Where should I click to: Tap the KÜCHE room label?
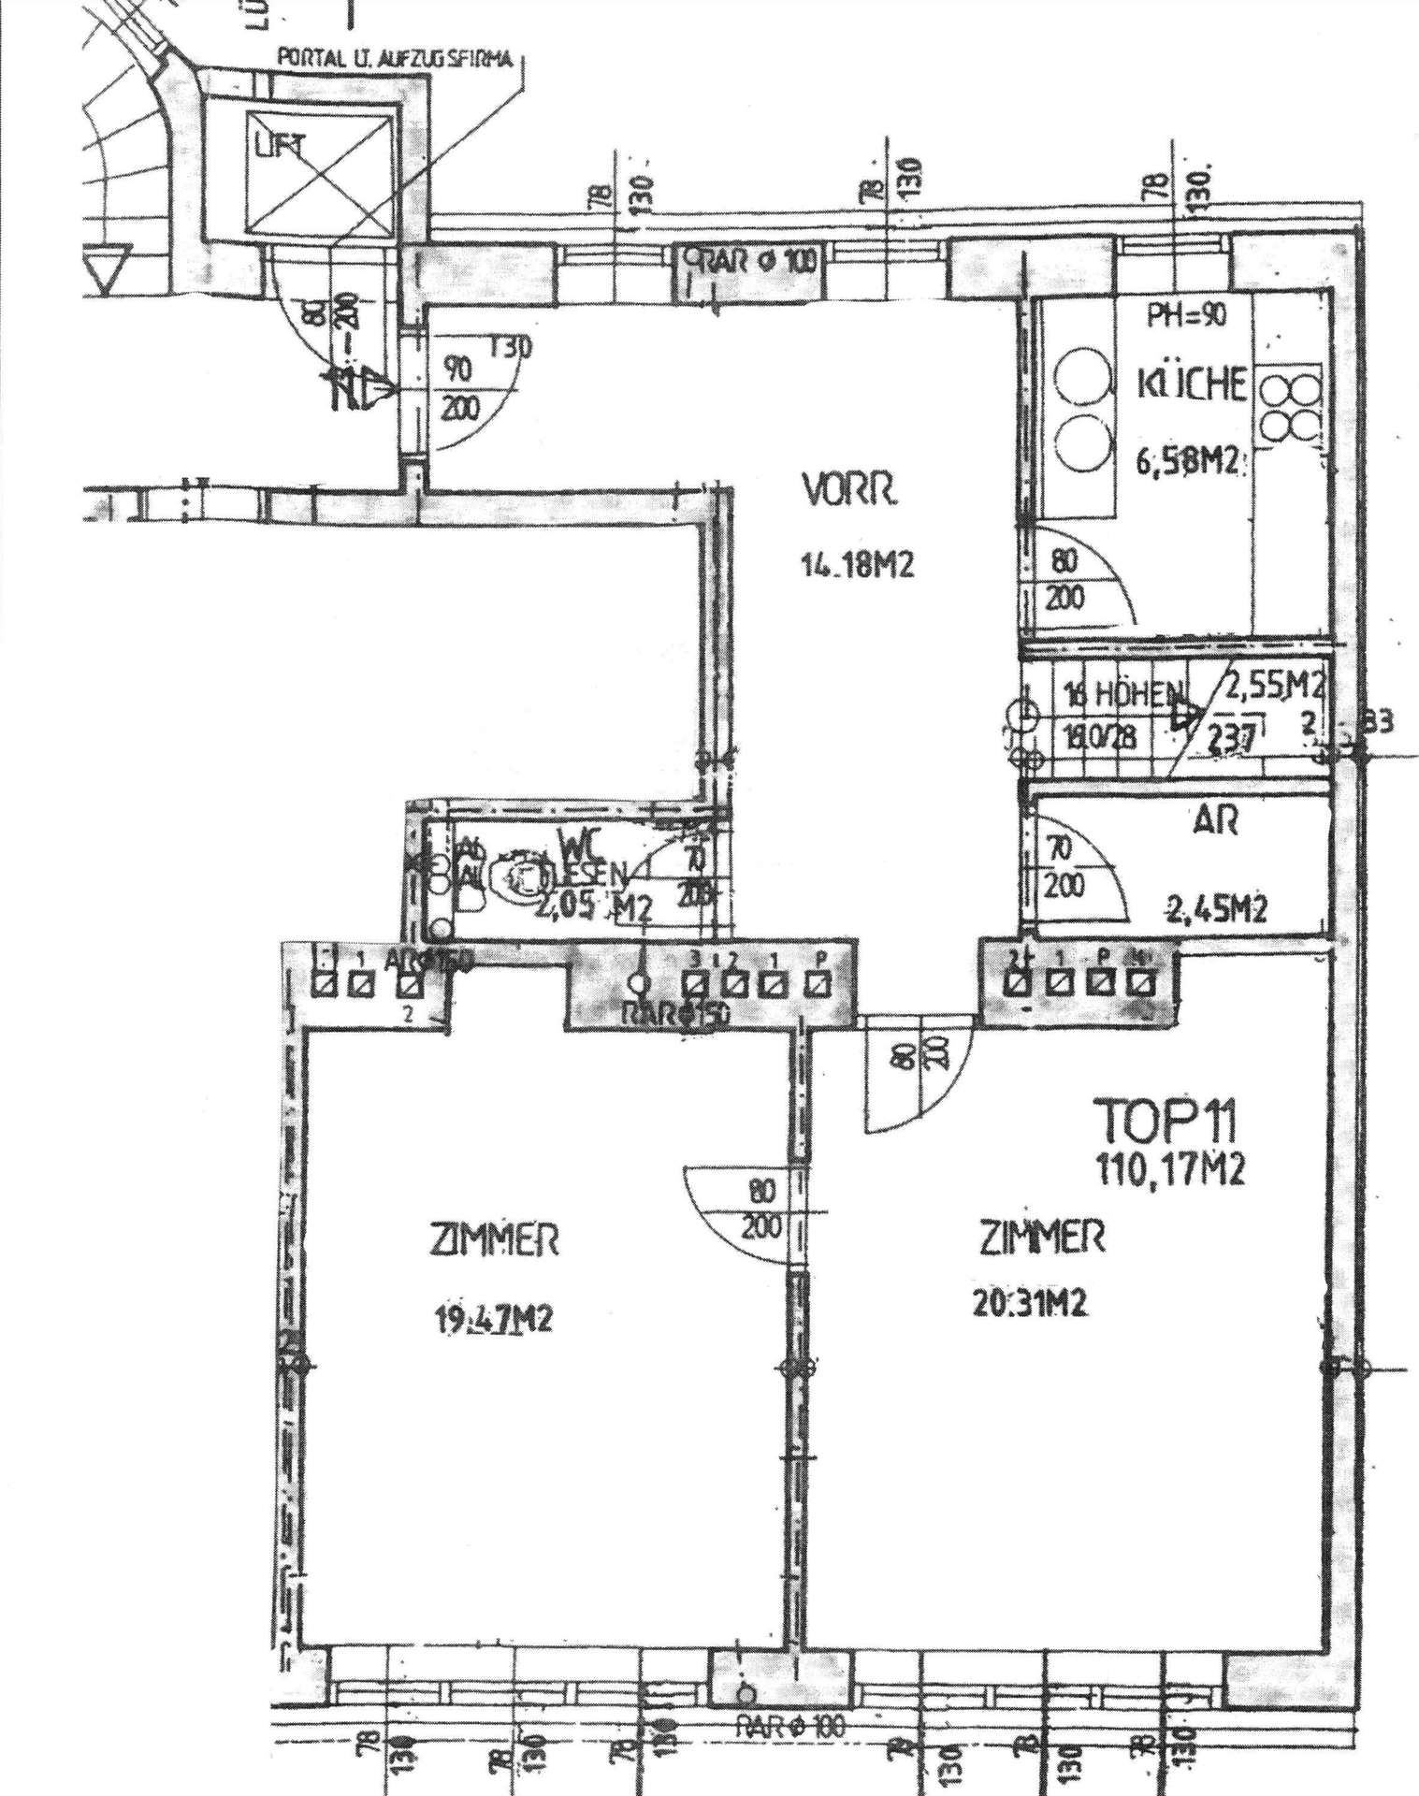coord(1192,384)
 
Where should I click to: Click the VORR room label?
coord(848,490)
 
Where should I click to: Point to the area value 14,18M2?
coord(856,565)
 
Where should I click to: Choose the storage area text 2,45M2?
coord(1216,907)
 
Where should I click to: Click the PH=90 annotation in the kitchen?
coord(1186,316)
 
